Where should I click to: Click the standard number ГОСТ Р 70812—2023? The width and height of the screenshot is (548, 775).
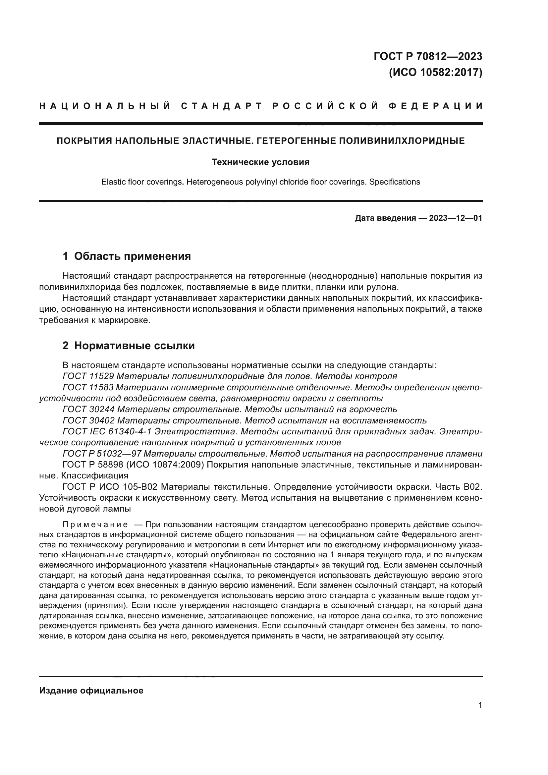click(x=428, y=56)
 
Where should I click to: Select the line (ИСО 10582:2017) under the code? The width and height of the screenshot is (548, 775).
click(x=435, y=72)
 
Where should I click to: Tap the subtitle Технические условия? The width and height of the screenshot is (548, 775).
click(x=260, y=162)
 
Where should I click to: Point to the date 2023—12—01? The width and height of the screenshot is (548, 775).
click(x=456, y=218)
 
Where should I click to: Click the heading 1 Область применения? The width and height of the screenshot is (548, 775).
click(x=127, y=256)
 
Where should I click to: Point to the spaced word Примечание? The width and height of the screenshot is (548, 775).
click(x=95, y=525)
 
